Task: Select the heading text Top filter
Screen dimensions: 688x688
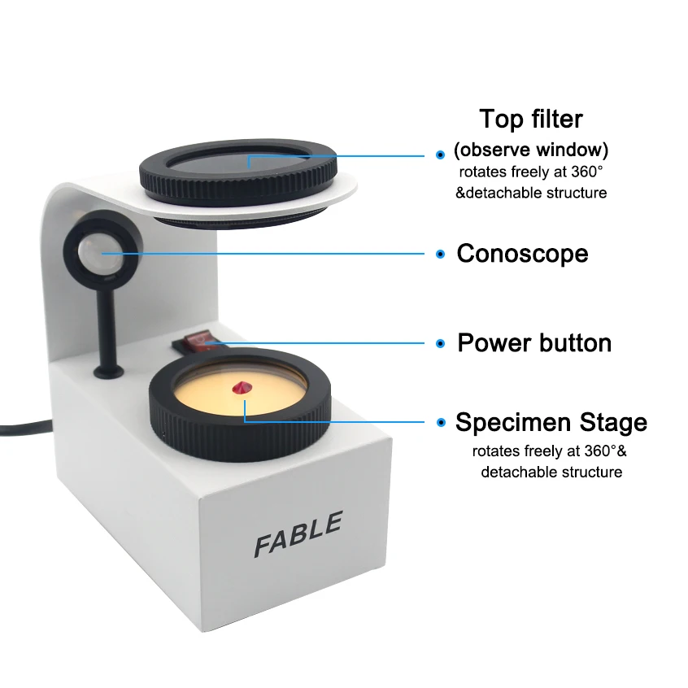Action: [x=530, y=119]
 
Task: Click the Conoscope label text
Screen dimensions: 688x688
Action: [x=522, y=253]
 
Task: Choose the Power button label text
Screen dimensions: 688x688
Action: [x=533, y=342]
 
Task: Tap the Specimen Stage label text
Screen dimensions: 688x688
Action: [x=551, y=422]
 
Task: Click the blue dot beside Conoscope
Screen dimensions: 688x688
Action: [x=440, y=254]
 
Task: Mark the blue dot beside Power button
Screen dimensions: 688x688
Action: [x=440, y=343]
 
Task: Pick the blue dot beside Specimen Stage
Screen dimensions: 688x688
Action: [x=440, y=423]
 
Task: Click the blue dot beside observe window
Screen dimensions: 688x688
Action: [x=440, y=153]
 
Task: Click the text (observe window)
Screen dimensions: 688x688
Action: [x=530, y=150]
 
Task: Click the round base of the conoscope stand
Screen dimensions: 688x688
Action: [x=108, y=372]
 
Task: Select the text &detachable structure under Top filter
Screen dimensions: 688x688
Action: [x=530, y=193]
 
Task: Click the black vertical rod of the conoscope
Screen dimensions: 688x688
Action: [x=107, y=325]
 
